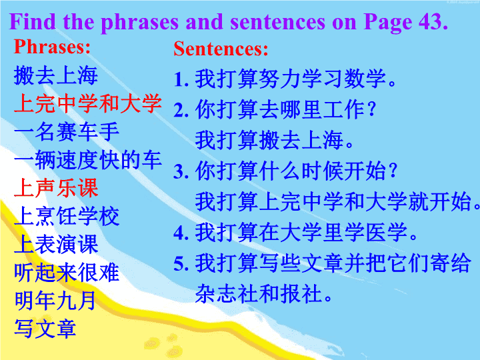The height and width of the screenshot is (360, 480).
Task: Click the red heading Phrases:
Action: (52, 47)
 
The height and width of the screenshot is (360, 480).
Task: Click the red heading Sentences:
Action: (221, 49)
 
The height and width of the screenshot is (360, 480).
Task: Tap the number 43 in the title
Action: (433, 21)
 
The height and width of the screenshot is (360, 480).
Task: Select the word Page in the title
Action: (388, 23)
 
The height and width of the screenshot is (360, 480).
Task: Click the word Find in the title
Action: (33, 21)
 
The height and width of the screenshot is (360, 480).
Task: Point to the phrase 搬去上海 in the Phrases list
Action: (56, 75)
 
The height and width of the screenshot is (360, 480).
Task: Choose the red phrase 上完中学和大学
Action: (87, 103)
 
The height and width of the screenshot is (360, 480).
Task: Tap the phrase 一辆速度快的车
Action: (87, 160)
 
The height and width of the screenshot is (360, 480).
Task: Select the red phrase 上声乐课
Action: (56, 188)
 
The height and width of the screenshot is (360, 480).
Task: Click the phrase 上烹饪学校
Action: (67, 216)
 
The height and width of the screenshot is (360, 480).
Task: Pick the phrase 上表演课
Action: (56, 244)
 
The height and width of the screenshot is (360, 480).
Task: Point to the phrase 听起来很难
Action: (67, 273)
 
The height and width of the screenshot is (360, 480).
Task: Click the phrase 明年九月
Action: (55, 301)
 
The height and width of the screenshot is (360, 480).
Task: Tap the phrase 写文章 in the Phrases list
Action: (45, 329)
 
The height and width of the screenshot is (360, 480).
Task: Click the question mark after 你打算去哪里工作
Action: (371, 109)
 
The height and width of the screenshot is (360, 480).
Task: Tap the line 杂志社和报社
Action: (264, 294)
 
